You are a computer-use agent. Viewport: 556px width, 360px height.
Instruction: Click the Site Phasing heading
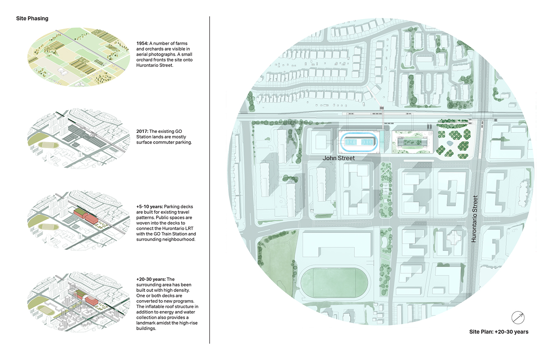pyautogui.click(x=32, y=19)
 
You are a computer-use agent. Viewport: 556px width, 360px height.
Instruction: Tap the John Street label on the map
pyautogui.click(x=339, y=158)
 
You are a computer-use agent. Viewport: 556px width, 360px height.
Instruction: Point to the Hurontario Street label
pyautogui.click(x=474, y=219)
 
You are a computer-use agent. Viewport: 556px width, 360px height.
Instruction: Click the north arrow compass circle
pyautogui.click(x=518, y=318)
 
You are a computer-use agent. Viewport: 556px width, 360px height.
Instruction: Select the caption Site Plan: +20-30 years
pyautogui.click(x=499, y=332)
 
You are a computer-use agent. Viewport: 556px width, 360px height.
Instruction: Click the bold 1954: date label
pyautogui.click(x=142, y=44)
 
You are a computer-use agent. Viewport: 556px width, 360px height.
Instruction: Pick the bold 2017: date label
pyautogui.click(x=142, y=132)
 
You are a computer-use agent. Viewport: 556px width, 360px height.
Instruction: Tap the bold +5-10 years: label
pyautogui.click(x=149, y=207)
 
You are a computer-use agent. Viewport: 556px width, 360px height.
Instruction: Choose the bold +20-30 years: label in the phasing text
pyautogui.click(x=151, y=279)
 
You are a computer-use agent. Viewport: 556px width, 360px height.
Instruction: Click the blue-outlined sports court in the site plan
pyautogui.click(x=358, y=142)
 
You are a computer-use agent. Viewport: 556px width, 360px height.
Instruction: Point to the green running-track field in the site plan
pyautogui.click(x=334, y=283)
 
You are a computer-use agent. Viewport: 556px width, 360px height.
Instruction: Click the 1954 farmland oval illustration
pyautogui.click(x=78, y=57)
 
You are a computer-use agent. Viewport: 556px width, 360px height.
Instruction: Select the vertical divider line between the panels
pyautogui.click(x=210, y=180)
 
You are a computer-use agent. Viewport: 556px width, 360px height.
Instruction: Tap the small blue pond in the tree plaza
pyautogui.click(x=449, y=143)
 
